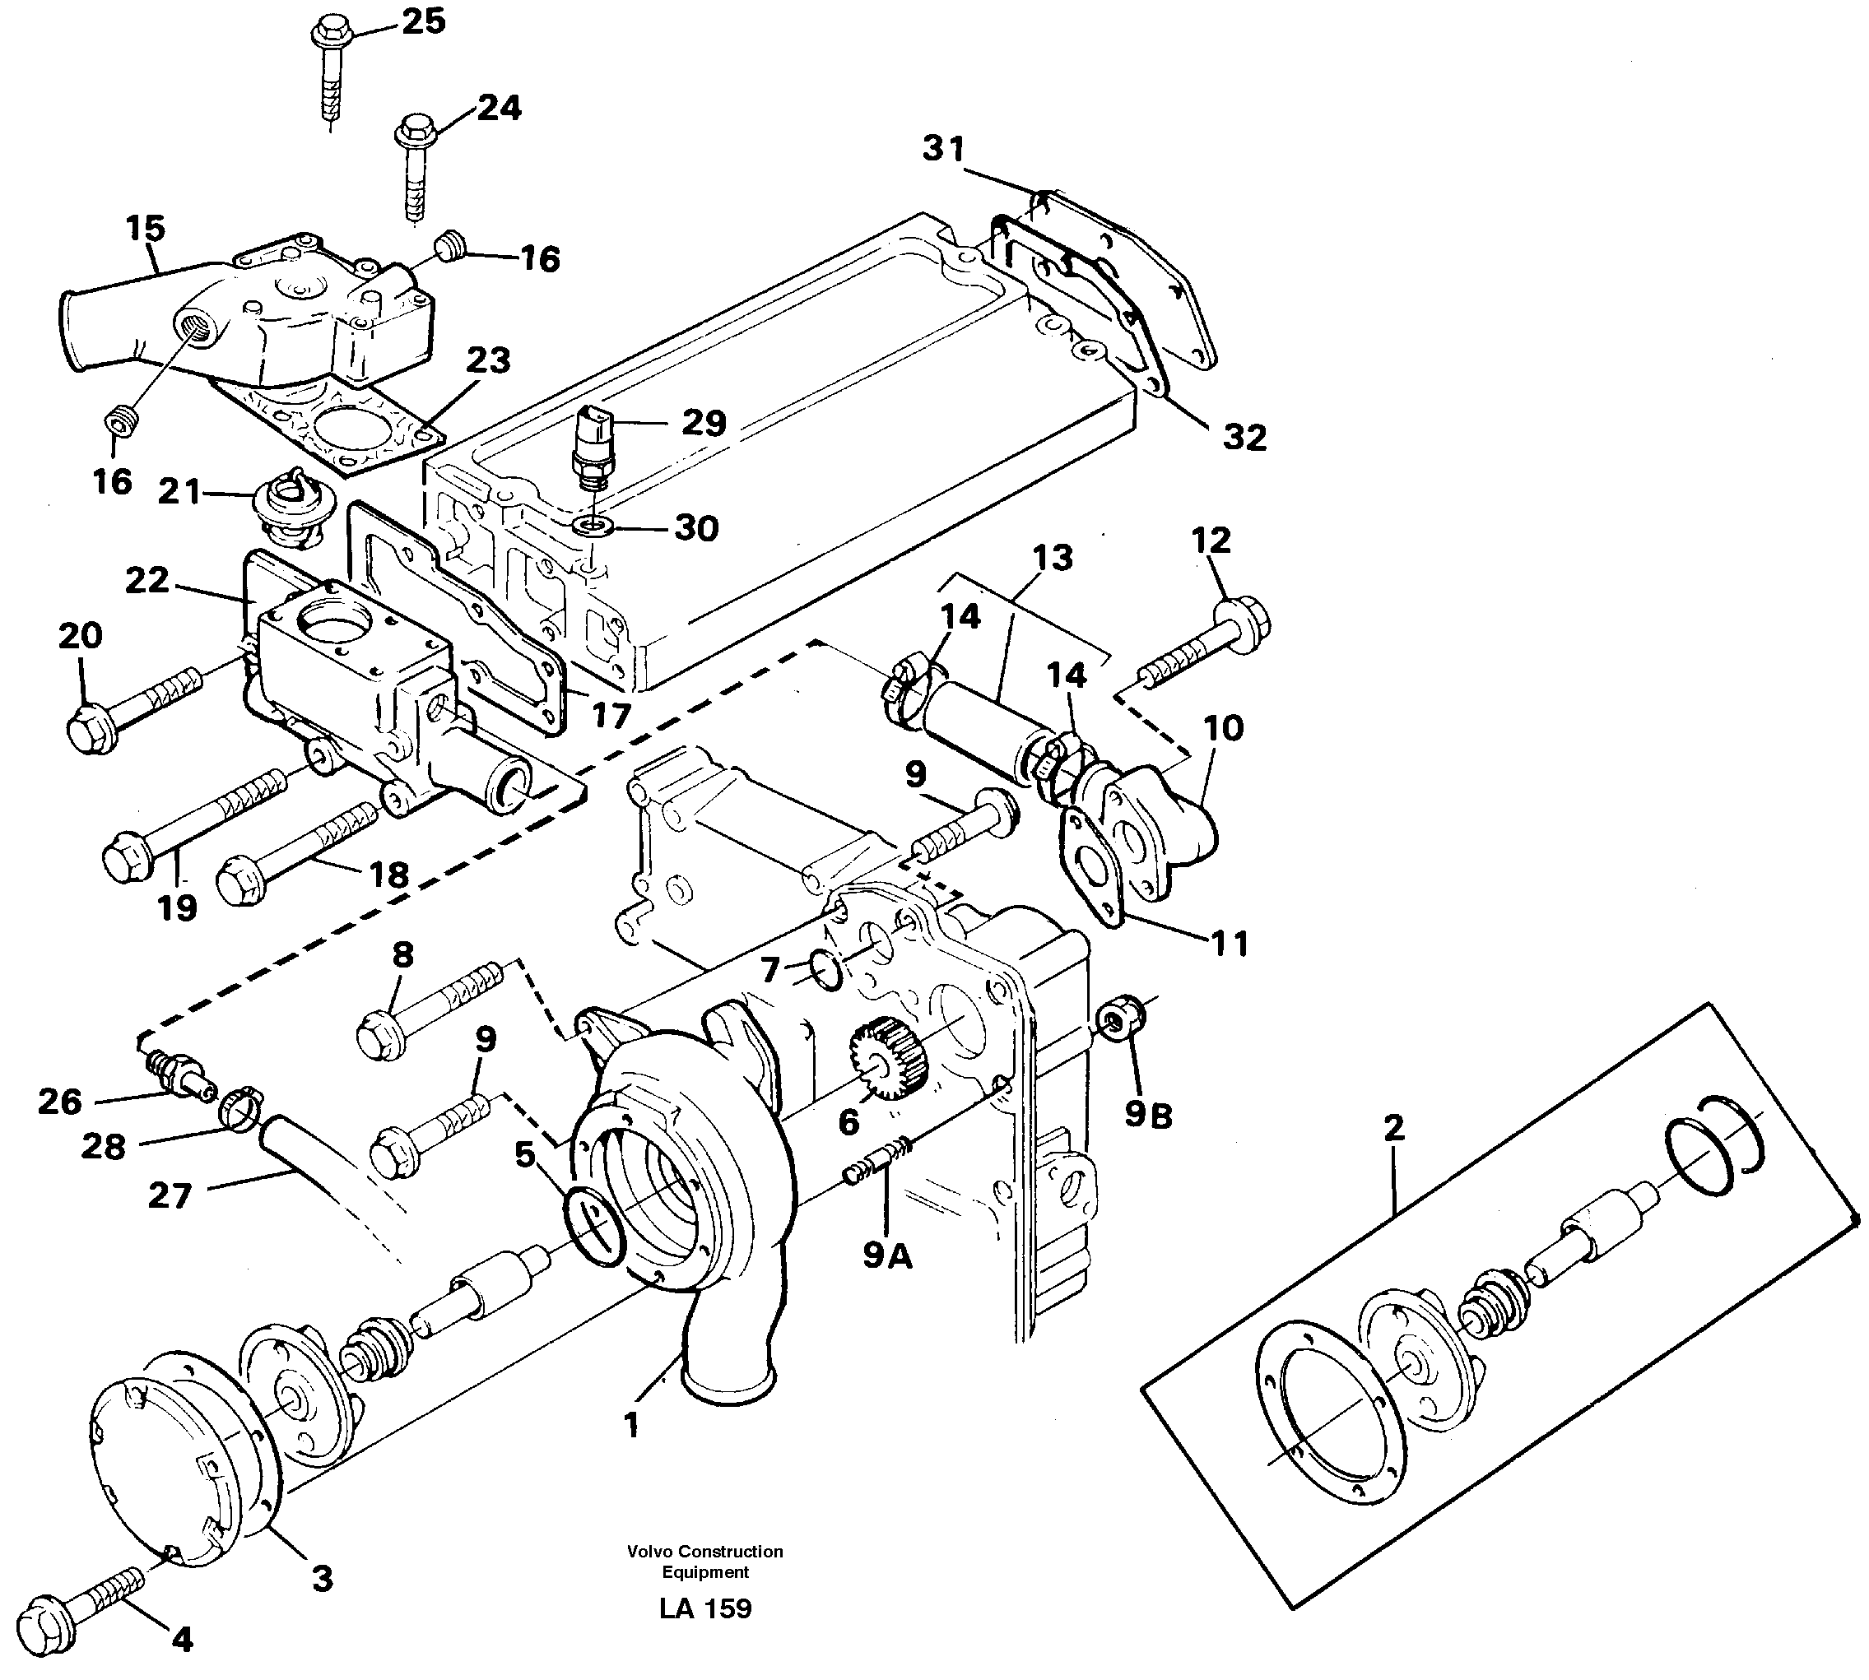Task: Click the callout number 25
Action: pos(424,21)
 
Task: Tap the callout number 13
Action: pos(1053,558)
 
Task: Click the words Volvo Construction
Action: pos(704,1552)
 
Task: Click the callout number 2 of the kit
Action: pos(1394,1127)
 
